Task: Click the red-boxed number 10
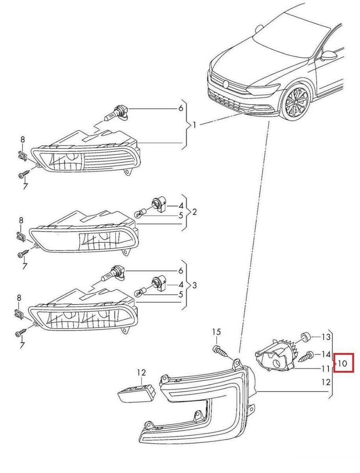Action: click(342, 363)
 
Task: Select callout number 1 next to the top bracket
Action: click(194, 125)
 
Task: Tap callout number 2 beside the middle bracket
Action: click(194, 212)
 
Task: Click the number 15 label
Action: click(217, 332)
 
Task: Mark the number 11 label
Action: click(325, 369)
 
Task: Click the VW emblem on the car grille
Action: click(226, 84)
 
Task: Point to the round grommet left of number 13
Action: click(305, 337)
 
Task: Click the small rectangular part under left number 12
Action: click(138, 393)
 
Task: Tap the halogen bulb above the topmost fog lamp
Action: click(115, 114)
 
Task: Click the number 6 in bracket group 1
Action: click(181, 108)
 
